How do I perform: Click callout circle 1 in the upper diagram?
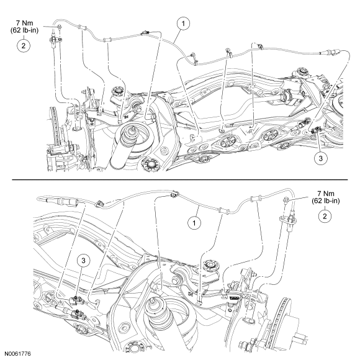pyautogui.click(x=183, y=24)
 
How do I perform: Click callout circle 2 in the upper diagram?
pyautogui.click(x=24, y=46)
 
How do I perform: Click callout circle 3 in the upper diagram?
pyautogui.click(x=320, y=158)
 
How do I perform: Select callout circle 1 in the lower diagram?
pyautogui.click(x=194, y=223)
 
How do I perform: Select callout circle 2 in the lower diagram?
pyautogui.click(x=325, y=216)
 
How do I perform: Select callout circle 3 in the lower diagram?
pyautogui.click(x=83, y=261)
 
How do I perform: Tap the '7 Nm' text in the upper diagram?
pyautogui.click(x=24, y=23)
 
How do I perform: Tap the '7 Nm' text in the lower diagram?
pyautogui.click(x=326, y=193)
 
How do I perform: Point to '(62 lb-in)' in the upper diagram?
pyautogui.click(x=24, y=30)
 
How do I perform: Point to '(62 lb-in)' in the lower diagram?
pyautogui.click(x=326, y=201)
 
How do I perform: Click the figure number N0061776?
pyautogui.click(x=17, y=354)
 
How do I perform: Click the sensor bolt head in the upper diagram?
pyautogui.click(x=59, y=27)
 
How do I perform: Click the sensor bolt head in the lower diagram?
pyautogui.click(x=286, y=199)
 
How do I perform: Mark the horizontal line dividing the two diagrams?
pyautogui.click(x=180, y=180)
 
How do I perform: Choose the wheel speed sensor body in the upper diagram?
pyautogui.click(x=54, y=41)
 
